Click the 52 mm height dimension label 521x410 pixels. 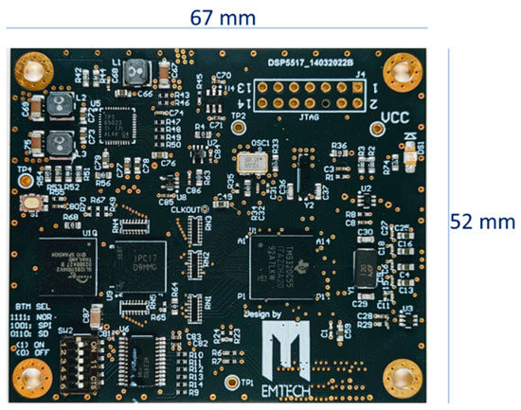click(x=482, y=222)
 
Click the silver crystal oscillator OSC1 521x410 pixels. click(x=252, y=164)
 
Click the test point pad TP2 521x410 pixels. click(x=239, y=129)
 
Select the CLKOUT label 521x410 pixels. click(x=186, y=210)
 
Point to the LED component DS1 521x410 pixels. click(x=411, y=162)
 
